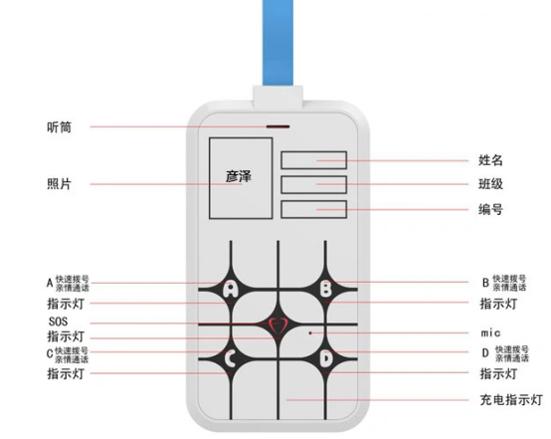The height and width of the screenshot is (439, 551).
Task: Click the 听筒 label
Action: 59,127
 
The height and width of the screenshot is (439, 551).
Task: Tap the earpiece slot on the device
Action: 277,126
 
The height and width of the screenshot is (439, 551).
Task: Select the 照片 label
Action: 59,184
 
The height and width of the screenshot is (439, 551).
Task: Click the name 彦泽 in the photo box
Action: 239,176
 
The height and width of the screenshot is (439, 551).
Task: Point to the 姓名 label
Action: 490,160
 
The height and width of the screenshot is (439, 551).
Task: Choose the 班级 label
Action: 490,184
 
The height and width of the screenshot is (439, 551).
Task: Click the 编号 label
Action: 490,209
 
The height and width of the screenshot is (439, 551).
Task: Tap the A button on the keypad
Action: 231,289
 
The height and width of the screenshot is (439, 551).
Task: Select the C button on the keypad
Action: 230,358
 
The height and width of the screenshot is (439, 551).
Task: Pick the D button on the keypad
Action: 326,358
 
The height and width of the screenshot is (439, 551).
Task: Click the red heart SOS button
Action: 277,325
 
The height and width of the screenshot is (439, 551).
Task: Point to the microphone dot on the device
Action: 310,332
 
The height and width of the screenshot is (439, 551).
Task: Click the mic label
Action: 490,332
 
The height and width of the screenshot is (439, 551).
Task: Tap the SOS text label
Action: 58,322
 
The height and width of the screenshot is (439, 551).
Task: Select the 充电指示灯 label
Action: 511,400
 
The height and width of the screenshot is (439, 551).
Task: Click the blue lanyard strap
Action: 277,42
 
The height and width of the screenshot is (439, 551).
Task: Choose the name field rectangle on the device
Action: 314,160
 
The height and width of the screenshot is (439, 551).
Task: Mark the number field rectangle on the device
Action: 314,209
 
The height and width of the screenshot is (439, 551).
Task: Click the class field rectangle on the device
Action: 314,185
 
